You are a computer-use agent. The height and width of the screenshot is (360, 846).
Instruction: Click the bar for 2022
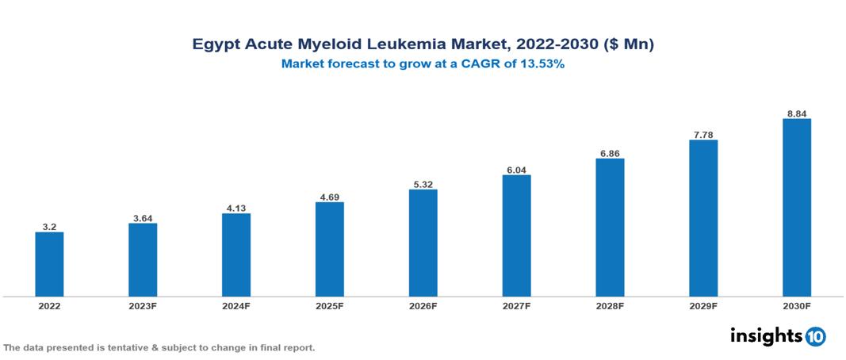click(x=49, y=264)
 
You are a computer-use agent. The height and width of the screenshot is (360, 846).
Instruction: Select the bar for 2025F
click(x=330, y=249)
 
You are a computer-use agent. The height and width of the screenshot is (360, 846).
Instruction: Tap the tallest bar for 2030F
click(x=796, y=208)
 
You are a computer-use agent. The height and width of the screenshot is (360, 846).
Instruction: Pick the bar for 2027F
click(x=516, y=236)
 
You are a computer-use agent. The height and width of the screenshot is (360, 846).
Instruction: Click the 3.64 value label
click(x=143, y=217)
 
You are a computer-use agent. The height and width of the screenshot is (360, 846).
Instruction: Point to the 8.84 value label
click(x=796, y=113)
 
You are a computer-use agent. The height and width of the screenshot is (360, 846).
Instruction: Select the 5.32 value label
click(x=423, y=183)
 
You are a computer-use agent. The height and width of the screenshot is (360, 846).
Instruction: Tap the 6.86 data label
click(x=610, y=152)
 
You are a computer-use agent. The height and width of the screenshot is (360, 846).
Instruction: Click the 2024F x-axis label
click(x=236, y=306)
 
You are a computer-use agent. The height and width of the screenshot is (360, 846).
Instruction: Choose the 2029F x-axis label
click(x=703, y=306)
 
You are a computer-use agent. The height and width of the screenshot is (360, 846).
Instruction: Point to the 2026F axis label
click(x=423, y=306)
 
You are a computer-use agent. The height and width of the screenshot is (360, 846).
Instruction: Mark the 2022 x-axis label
click(x=49, y=306)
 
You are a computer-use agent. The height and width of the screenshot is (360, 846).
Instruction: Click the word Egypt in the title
click(x=215, y=45)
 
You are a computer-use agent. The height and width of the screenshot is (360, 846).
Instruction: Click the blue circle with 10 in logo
click(x=815, y=336)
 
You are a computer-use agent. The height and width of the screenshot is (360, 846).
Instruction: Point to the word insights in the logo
click(x=766, y=335)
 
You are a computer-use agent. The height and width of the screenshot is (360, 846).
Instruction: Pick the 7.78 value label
click(x=703, y=134)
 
